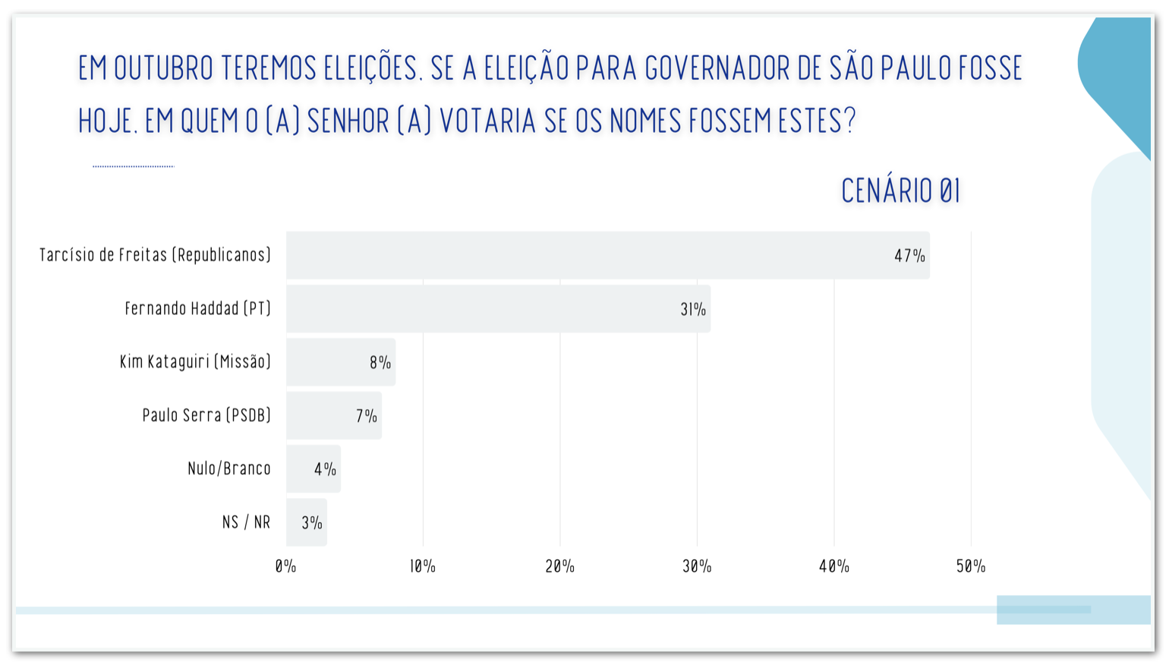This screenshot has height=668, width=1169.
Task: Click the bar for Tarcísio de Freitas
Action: [607, 255]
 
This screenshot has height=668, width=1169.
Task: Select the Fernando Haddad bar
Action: [498, 309]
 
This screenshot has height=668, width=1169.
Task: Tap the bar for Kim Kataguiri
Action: [340, 362]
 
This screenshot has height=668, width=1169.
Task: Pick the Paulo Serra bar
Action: [333, 415]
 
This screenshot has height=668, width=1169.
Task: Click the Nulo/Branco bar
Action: [313, 469]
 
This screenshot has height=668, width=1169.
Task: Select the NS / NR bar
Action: [306, 522]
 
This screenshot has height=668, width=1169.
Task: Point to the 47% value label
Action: [909, 256]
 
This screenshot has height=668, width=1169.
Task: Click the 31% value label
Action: [693, 310]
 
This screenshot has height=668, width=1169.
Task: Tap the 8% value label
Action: [380, 363]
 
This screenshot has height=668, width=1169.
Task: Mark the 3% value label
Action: [312, 523]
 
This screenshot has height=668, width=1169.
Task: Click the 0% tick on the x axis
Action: [285, 566]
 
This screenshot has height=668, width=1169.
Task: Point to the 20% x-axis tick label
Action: [560, 566]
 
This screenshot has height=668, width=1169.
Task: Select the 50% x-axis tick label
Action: [971, 566]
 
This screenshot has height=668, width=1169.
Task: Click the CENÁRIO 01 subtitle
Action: [901, 191]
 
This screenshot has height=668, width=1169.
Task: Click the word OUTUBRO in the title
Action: [163, 68]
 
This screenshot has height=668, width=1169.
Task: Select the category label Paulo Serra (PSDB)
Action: [206, 415]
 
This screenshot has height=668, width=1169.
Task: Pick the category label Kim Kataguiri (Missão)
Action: [195, 362]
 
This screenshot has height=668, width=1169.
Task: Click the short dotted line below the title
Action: [133, 165]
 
